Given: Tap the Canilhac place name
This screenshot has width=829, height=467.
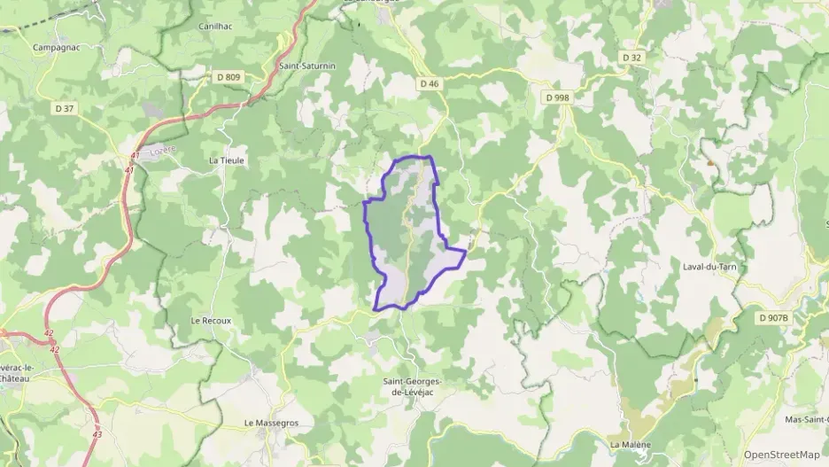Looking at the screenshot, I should (215, 27).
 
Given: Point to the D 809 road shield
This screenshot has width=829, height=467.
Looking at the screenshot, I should (229, 77).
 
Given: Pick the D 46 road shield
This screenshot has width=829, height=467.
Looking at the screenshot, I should (430, 83).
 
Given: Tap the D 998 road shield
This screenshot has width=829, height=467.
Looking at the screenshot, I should (557, 97).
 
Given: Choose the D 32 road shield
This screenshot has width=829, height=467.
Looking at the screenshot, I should (631, 58).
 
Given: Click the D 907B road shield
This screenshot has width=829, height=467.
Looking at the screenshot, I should (774, 316).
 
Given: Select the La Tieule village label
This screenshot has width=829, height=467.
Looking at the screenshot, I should (226, 160).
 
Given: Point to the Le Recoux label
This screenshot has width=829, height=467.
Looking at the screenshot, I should (211, 320).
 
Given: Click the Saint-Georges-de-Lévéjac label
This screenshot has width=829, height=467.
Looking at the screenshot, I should (411, 386).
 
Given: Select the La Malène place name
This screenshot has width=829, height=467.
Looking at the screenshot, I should (630, 444).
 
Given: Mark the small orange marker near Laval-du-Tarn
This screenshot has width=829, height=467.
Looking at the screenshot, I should (710, 162).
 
